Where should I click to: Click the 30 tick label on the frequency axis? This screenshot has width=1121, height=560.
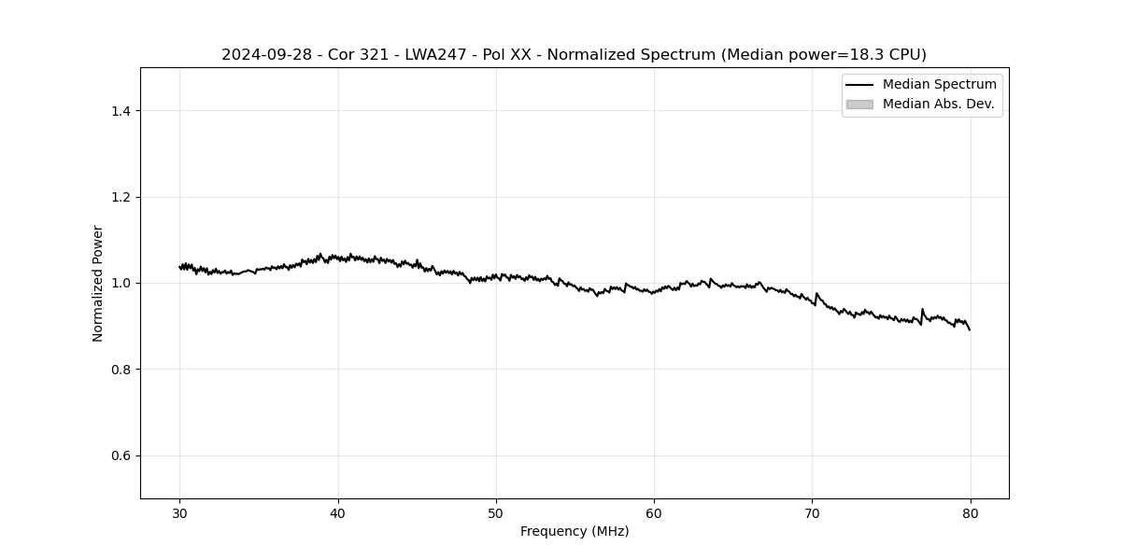point(180,513)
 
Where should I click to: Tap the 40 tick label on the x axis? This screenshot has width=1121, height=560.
point(338,513)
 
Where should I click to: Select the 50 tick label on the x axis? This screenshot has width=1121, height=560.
point(496,513)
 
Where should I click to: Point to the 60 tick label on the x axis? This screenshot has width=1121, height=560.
point(654,513)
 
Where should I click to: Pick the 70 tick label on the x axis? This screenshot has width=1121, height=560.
point(812,513)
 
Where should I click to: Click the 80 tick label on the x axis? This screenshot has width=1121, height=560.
point(970,513)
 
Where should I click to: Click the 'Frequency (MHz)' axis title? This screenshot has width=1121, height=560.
point(575,532)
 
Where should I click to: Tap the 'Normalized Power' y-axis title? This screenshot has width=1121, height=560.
point(98,283)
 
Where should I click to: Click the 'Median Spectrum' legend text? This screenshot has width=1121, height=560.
point(939,85)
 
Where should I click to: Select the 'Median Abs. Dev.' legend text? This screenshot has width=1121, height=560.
point(938,105)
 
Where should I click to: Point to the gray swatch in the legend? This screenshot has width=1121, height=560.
point(859,105)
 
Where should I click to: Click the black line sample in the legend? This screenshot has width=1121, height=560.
point(859,85)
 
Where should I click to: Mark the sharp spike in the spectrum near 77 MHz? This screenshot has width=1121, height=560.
point(922,310)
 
